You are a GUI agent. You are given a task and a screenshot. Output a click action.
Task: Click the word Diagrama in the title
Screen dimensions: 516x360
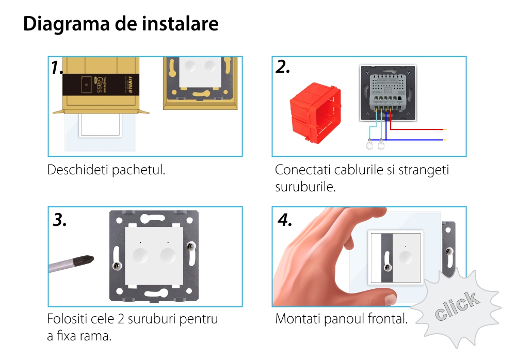[x=66, y=24]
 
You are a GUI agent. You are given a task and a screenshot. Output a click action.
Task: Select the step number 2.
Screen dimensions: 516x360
[x=282, y=67]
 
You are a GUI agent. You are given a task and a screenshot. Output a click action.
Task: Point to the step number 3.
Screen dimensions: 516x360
[x=59, y=220]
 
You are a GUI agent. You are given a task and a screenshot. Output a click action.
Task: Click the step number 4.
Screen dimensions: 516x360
[x=285, y=220]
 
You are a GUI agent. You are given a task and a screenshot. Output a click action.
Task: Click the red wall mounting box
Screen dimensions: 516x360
[x=315, y=112]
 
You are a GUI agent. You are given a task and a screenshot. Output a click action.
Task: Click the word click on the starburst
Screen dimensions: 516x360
[x=457, y=306]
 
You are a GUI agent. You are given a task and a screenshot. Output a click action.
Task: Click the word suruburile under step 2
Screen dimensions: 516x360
[x=305, y=187]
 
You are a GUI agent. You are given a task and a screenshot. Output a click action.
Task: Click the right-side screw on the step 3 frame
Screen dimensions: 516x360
[x=191, y=246]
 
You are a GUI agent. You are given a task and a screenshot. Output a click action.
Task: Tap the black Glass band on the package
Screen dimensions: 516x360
[x=101, y=85]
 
